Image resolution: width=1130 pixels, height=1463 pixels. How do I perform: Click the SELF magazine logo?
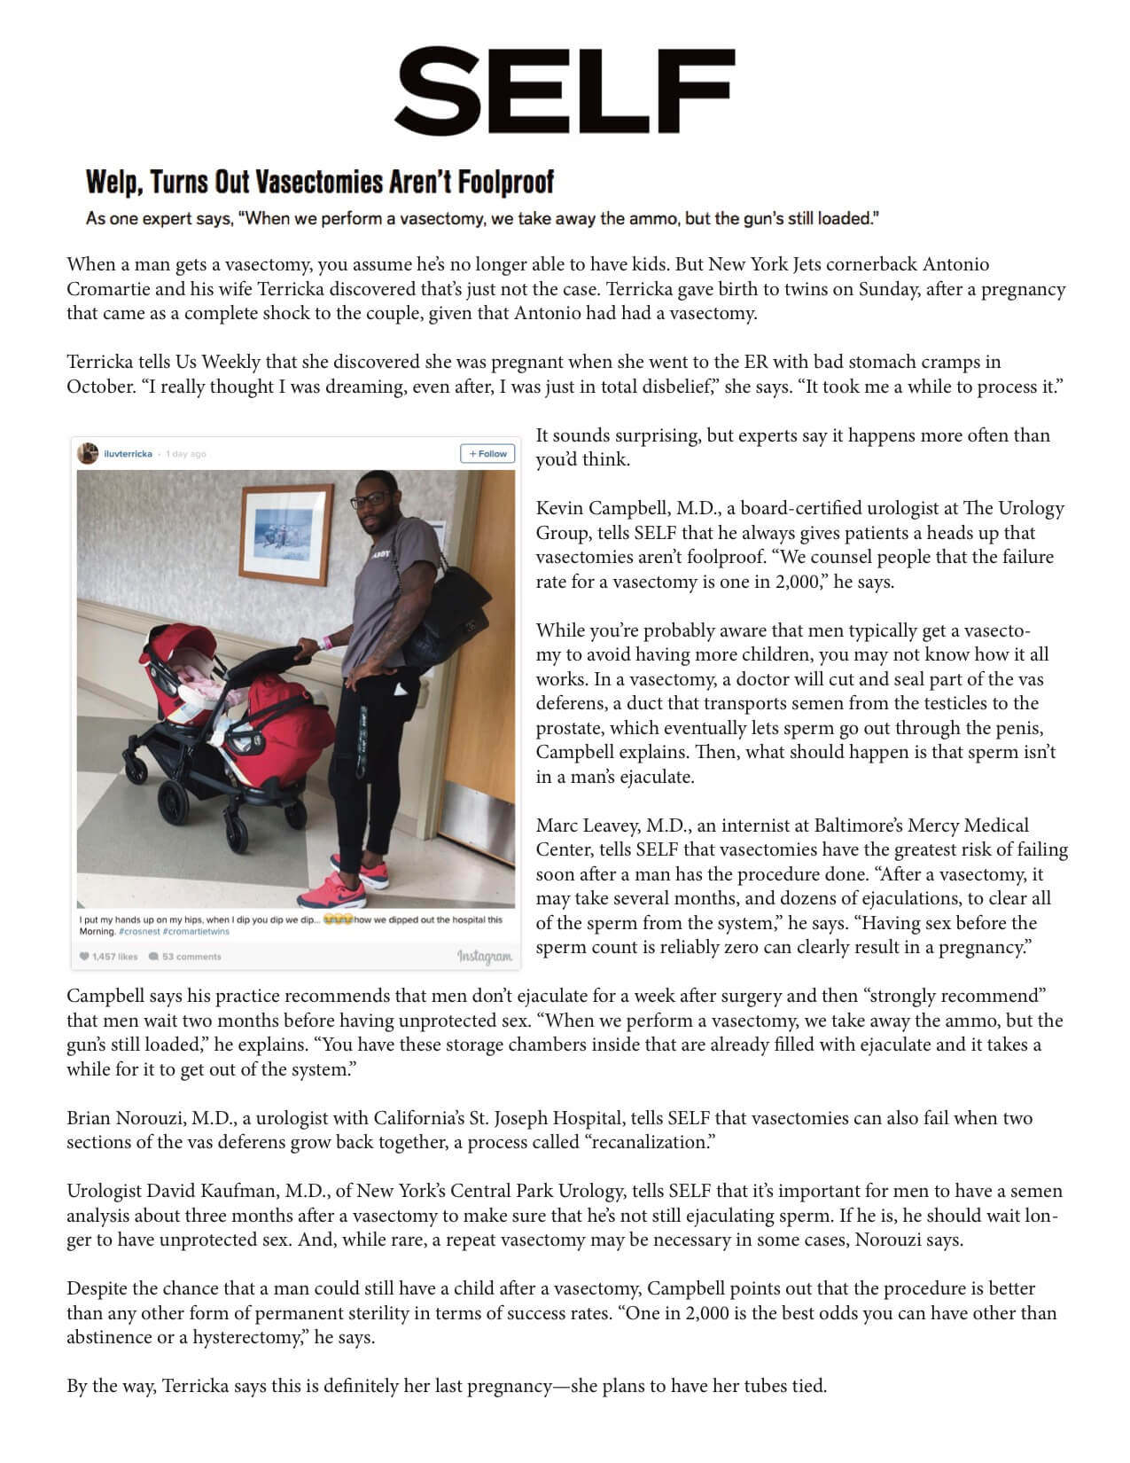(565, 90)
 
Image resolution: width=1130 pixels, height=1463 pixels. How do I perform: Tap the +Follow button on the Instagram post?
(487, 454)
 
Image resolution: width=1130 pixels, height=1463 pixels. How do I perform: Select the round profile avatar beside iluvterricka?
(88, 454)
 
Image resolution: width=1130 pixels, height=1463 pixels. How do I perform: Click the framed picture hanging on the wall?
(280, 534)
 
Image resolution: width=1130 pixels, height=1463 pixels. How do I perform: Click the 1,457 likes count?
(109, 957)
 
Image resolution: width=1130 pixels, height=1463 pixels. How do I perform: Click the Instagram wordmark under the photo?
(484, 956)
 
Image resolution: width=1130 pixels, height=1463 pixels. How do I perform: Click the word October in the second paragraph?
(97, 387)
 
